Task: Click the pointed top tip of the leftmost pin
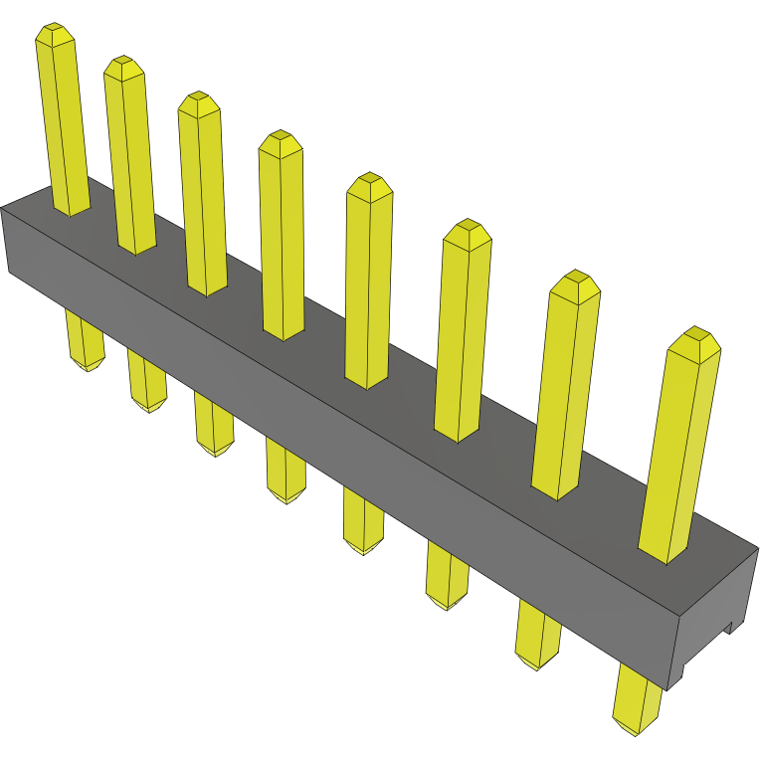tap(55, 31)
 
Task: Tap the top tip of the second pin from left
tap(124, 63)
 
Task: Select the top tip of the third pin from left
tap(199, 98)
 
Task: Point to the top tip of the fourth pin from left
tap(280, 137)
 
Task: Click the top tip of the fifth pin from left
tap(370, 180)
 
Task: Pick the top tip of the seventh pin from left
tap(575, 278)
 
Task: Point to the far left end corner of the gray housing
tap(3, 210)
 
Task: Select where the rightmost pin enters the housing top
tap(664, 552)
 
